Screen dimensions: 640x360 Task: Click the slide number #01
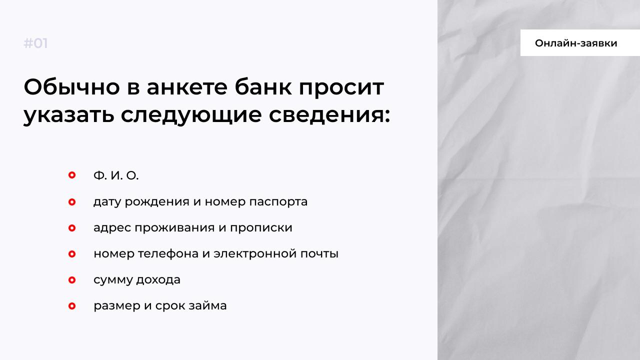35,43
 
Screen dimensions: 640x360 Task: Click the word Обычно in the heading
71,87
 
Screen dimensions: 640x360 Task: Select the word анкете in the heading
187,87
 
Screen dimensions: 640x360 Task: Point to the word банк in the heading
263,86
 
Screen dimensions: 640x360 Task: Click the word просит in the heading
341,89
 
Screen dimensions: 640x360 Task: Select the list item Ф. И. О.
116,175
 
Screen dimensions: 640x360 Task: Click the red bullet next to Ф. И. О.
72,175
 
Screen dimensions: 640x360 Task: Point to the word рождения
157,202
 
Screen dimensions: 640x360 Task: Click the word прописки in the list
261,228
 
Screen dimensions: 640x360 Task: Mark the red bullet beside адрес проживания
72,228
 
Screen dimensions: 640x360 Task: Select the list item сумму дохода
137,279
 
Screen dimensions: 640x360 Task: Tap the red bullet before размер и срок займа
72,306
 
